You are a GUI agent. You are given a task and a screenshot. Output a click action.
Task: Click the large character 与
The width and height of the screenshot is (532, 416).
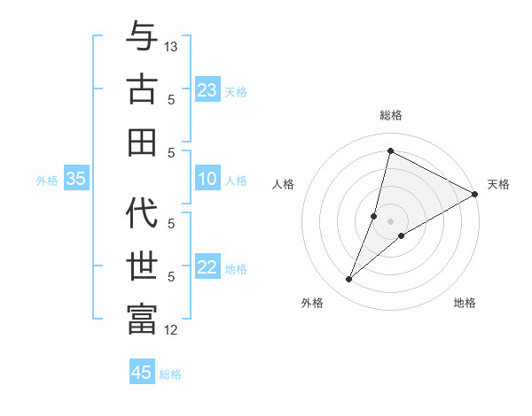[142, 38]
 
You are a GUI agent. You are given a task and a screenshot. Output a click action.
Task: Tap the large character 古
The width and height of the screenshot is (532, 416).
[142, 89]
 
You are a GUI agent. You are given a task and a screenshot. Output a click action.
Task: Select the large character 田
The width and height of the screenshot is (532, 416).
[142, 142]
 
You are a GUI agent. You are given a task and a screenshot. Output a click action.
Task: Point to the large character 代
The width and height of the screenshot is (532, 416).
[142, 212]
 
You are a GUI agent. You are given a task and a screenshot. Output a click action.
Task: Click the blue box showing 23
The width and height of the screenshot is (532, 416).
[207, 89]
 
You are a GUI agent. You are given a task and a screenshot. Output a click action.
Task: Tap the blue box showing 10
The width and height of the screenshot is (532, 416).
[207, 179]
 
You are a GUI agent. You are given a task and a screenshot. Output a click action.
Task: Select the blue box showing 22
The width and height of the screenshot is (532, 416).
[207, 267]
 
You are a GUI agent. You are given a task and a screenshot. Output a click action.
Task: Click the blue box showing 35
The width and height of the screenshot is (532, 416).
[76, 179]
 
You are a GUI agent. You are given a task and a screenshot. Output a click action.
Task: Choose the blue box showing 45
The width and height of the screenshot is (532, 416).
[142, 373]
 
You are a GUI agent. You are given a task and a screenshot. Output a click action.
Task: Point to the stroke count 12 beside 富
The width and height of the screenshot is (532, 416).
[172, 330]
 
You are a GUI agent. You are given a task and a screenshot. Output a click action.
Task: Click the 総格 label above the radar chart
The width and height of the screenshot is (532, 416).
[391, 115]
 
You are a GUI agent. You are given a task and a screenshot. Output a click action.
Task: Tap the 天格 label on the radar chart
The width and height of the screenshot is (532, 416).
[498, 184]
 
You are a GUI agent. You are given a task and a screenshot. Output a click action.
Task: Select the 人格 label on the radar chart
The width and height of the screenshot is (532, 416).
[284, 184]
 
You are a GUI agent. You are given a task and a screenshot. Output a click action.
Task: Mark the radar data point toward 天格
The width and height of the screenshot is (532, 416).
[474, 194]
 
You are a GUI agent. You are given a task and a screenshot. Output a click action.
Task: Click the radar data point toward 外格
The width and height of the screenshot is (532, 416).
[349, 280]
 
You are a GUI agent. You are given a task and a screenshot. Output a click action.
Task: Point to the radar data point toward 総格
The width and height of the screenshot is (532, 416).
[390, 151]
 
